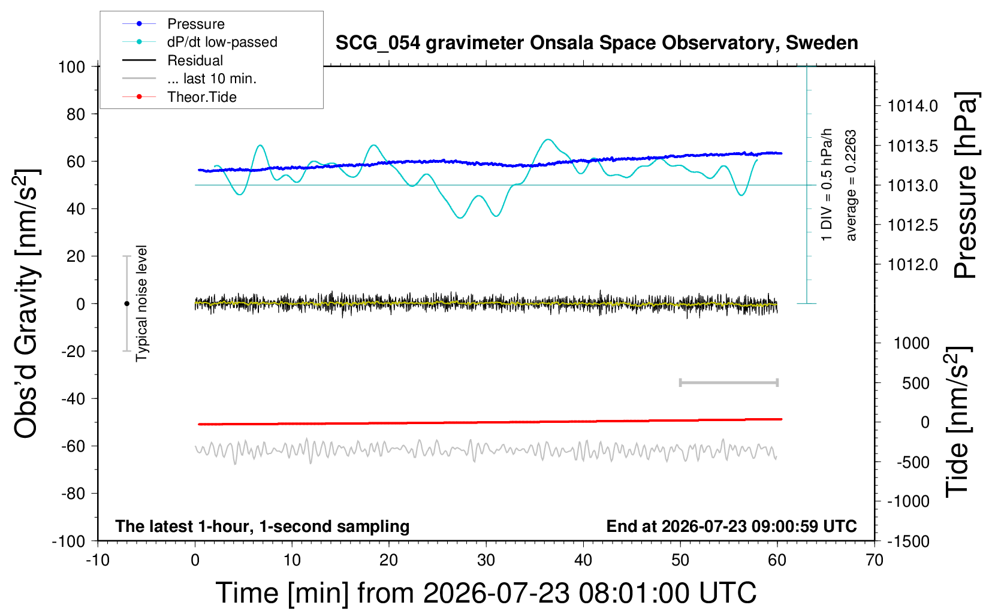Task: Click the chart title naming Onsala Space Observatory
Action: click(596, 43)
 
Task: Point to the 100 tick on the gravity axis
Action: click(72, 67)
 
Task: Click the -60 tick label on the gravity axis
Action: click(73, 446)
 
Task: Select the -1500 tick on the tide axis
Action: click(908, 542)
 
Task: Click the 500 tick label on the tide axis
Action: click(916, 383)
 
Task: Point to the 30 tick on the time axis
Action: click(486, 560)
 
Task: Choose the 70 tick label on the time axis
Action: click(874, 560)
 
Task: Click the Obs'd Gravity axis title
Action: click(26, 304)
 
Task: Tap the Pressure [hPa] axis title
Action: click(966, 185)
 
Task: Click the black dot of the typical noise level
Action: click(126, 304)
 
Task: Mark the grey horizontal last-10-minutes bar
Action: click(729, 383)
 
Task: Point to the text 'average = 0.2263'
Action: click(851, 185)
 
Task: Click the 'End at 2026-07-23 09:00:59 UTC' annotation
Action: click(732, 526)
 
